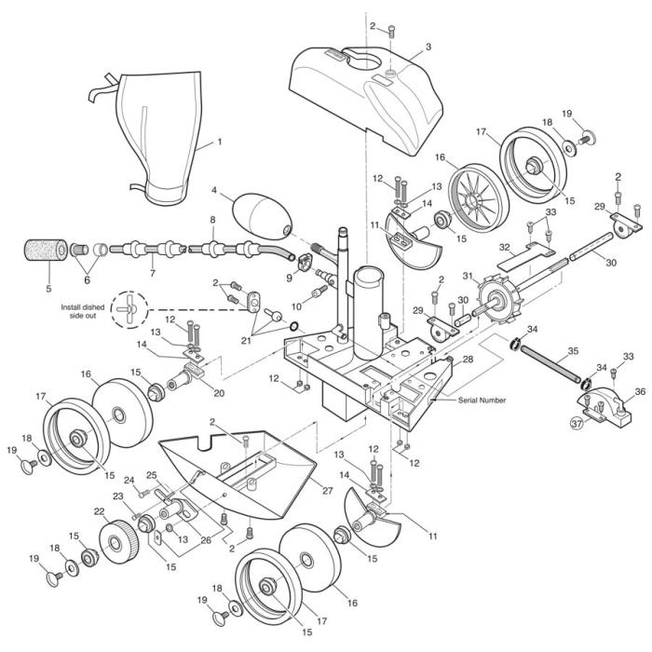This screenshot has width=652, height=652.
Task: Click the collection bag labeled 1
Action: (158, 130)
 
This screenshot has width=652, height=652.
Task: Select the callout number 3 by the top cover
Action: (428, 46)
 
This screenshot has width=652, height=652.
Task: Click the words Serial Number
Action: (482, 400)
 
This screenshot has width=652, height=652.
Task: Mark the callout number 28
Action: (468, 359)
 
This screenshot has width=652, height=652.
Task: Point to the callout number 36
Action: (638, 392)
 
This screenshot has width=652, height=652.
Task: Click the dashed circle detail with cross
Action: (129, 308)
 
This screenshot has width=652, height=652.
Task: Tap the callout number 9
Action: (289, 277)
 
